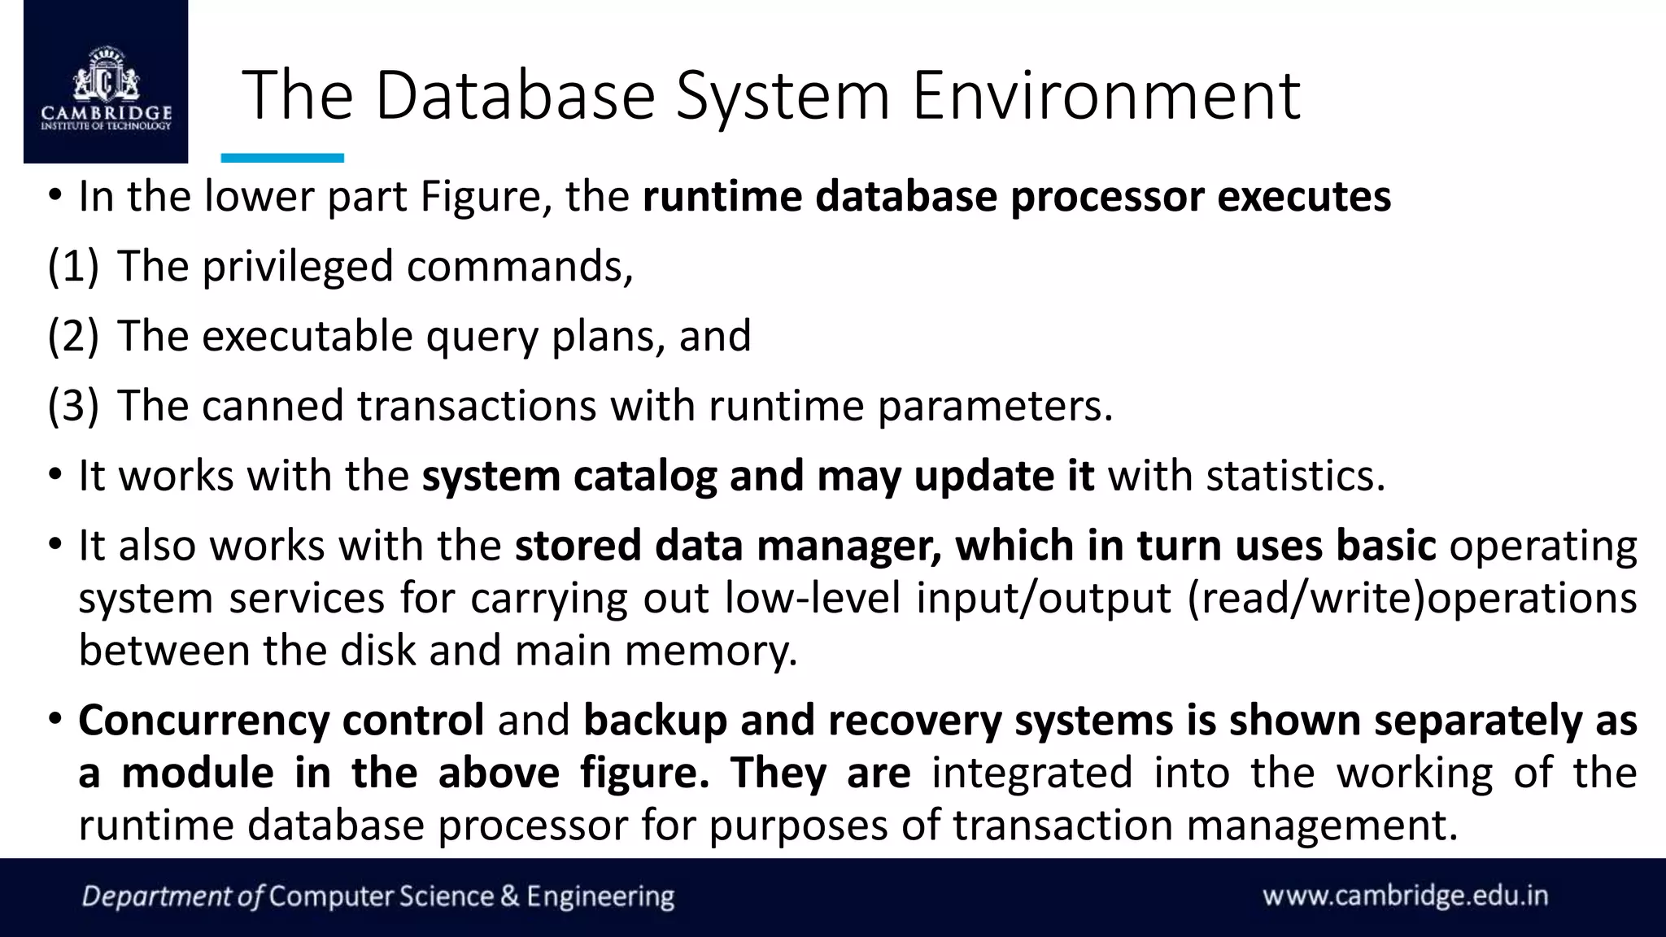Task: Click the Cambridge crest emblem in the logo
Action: (106, 77)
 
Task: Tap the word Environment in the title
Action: (1106, 96)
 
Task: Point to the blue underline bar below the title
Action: (282, 158)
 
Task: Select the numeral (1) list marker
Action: (73, 267)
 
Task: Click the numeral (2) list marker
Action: (73, 336)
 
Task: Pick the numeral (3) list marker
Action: (73, 406)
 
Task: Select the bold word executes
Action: (1304, 197)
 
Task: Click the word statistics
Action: (1295, 477)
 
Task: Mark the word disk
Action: (377, 651)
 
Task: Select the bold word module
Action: (197, 773)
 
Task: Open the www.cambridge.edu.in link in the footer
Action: (1405, 896)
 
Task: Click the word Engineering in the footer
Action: (600, 896)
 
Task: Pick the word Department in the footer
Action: (157, 896)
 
